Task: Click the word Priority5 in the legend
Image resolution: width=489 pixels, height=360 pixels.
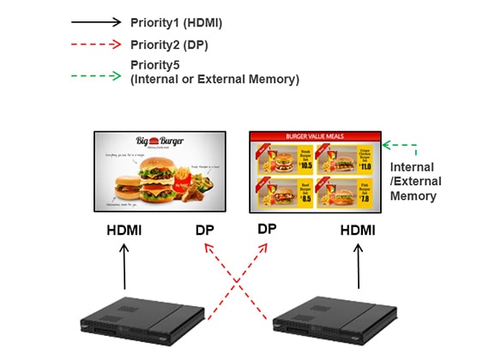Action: click(157, 65)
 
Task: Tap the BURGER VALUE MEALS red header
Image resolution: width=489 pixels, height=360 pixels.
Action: click(314, 135)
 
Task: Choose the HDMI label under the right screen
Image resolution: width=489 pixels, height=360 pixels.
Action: click(359, 231)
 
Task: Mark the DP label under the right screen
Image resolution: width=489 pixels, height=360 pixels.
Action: click(268, 229)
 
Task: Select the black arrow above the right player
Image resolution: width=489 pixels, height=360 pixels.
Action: click(359, 267)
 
